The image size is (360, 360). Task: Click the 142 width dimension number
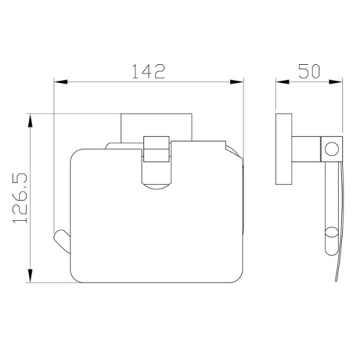[149, 71]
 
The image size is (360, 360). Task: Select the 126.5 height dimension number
[20, 198]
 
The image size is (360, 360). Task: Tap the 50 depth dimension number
[309, 71]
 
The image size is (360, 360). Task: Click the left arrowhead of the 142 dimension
[60, 82]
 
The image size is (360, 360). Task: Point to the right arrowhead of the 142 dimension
[237, 82]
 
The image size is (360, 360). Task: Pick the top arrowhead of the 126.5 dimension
[30, 121]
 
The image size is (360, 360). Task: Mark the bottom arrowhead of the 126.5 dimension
[30, 276]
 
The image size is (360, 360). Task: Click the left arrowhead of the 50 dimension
[282, 82]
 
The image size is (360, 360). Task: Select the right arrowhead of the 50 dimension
[336, 82]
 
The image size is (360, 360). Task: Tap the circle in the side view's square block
[332, 149]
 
